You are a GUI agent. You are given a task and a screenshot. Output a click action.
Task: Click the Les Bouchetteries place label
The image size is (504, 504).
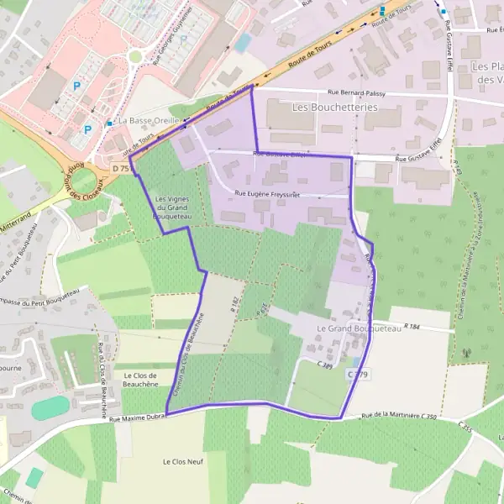tap(334, 108)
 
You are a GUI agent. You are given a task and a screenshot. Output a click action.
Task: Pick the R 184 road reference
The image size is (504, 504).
tap(411, 326)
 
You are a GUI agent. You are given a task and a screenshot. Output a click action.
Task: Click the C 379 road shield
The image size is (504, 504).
tap(357, 374)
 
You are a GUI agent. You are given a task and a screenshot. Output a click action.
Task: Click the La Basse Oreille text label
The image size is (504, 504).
tap(149, 121)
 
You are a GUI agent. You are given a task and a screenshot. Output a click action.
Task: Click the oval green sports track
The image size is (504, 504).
tap(50, 407)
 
